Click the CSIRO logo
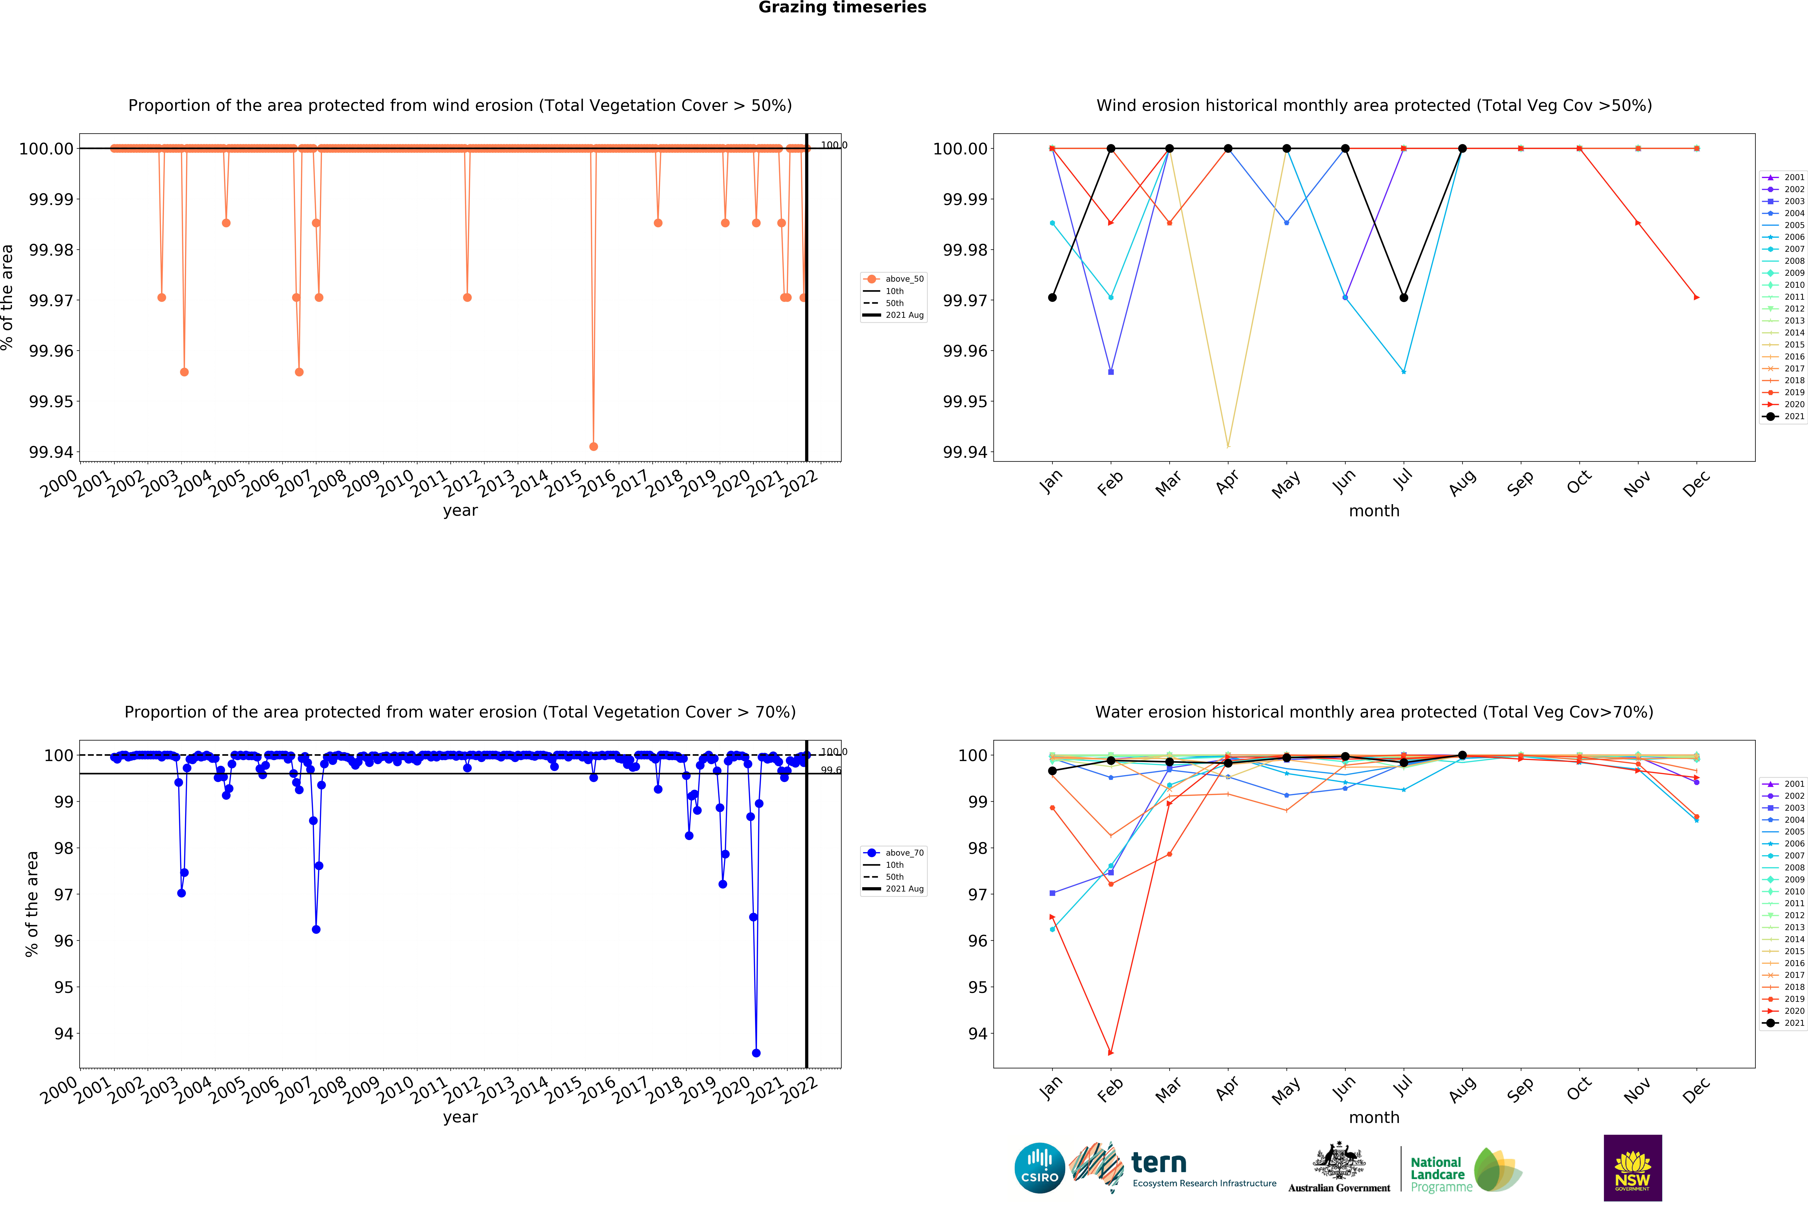[1039, 1168]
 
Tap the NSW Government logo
[1632, 1168]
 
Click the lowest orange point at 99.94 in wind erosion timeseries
[594, 446]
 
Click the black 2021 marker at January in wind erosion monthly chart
[1052, 298]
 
